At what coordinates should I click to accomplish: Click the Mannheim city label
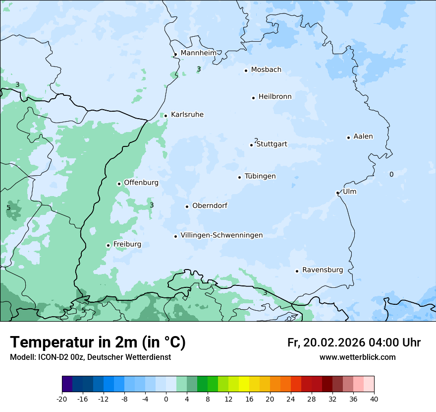tap(198, 53)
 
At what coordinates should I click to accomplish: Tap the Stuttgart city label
tap(272, 144)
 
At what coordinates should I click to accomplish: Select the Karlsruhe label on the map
tap(187, 115)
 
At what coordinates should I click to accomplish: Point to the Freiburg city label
tap(127, 244)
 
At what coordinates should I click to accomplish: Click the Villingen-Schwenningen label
tap(221, 235)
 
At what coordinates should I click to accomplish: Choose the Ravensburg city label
tap(322, 270)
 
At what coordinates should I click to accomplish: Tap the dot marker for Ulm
tap(337, 193)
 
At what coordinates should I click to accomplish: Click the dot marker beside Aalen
tap(348, 137)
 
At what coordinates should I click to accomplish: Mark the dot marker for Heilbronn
tap(253, 98)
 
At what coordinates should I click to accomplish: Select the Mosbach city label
tap(266, 70)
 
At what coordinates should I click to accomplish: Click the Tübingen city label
tap(260, 176)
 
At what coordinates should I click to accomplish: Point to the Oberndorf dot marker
tap(187, 206)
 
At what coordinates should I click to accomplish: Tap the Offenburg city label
tap(141, 183)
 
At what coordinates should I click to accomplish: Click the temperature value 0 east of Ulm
tap(391, 174)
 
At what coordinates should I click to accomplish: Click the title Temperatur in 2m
tap(98, 343)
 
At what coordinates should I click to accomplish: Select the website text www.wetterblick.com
tap(357, 357)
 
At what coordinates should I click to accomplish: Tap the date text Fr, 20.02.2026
tap(326, 343)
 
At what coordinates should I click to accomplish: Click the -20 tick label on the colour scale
tap(62, 399)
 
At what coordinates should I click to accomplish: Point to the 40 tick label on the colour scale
tap(374, 399)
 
